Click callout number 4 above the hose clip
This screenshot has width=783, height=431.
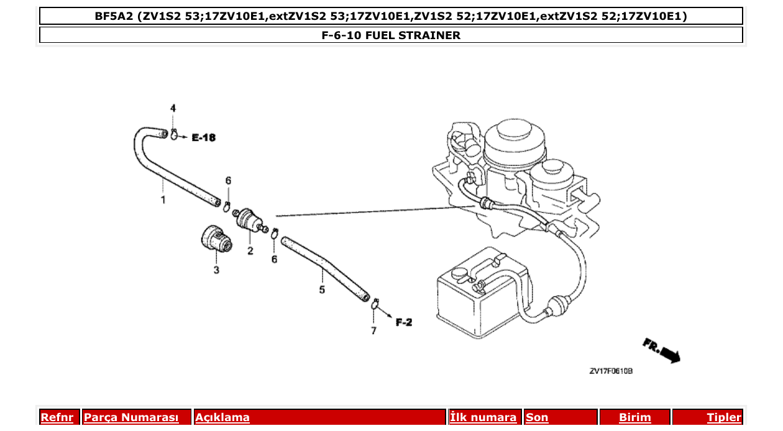point(173,108)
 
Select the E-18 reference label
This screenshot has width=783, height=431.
point(203,138)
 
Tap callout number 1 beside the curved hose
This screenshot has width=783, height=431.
point(163,200)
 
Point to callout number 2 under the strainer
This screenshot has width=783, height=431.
point(250,251)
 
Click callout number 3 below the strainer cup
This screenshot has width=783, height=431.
point(216,270)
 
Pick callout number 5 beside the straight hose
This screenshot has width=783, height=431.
point(322,289)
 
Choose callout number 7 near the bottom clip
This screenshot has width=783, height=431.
point(373,331)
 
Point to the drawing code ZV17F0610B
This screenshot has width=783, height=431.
point(611,371)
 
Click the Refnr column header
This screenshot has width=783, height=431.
point(57,417)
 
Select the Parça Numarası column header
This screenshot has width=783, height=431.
point(131,417)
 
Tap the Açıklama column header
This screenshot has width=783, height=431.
point(222,417)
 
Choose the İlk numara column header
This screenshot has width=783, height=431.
point(483,417)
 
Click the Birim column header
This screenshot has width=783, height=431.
point(634,417)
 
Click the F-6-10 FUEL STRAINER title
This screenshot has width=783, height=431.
point(391,35)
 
